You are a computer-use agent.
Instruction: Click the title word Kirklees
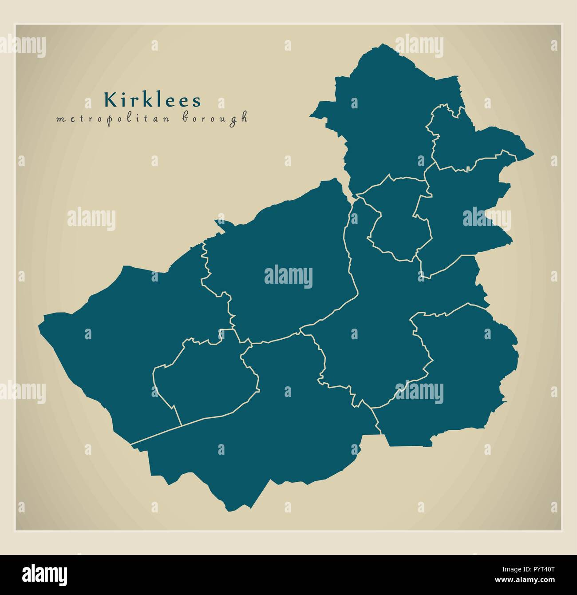click(152, 100)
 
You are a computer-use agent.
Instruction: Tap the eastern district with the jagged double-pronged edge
click(462, 213)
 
